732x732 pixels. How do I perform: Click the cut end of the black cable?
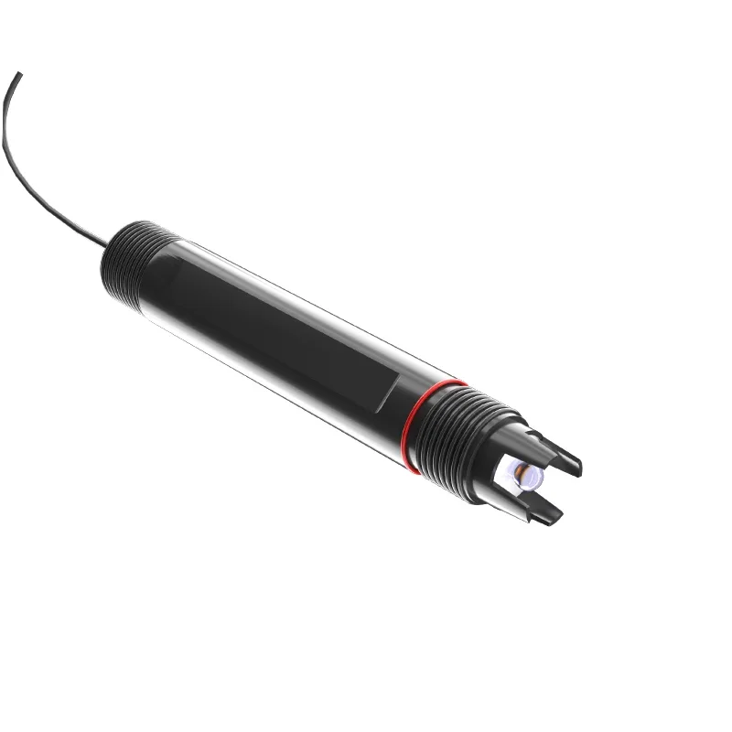point(19,74)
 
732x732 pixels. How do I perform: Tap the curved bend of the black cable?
point(11,146)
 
